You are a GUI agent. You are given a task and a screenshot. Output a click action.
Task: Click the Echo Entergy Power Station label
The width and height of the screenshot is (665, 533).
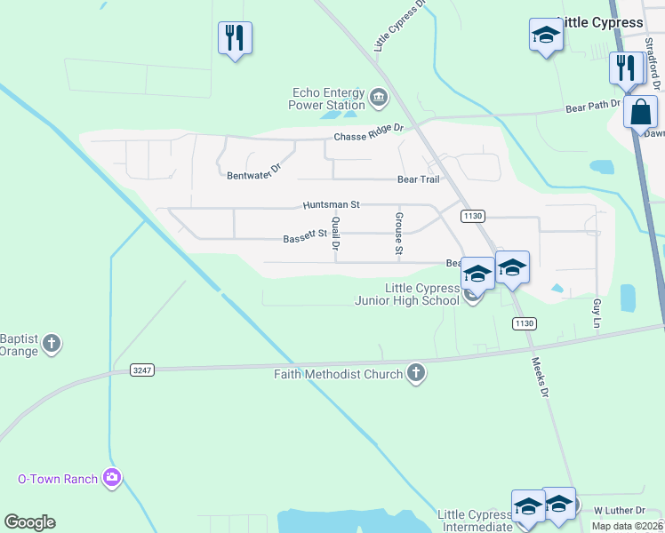coord(327,99)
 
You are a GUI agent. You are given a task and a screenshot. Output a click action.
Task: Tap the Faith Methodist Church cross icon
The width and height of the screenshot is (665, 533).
coord(415,373)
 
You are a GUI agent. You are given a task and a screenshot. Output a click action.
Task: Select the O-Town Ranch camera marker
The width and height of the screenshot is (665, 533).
coord(111,479)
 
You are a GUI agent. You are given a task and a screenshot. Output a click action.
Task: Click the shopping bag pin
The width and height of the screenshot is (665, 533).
coord(640,114)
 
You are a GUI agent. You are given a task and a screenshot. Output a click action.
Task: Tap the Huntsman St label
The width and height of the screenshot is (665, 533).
coord(330,204)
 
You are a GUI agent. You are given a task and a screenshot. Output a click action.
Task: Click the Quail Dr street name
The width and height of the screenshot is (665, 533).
coord(336,233)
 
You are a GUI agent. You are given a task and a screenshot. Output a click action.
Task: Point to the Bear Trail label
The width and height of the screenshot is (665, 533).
coord(418,179)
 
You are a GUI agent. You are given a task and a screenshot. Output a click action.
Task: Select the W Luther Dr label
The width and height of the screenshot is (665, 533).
coord(619,511)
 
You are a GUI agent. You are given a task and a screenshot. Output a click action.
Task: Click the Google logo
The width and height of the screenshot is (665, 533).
coord(29,522)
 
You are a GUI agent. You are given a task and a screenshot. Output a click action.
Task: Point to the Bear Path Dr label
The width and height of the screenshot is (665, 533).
coord(592,107)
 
